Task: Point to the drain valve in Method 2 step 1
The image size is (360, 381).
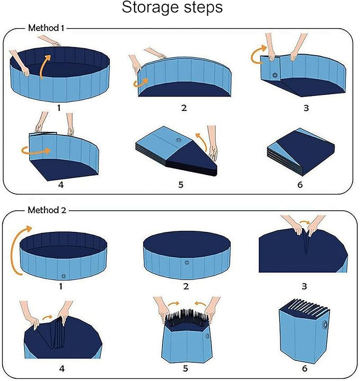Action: pyautogui.click(x=64, y=275)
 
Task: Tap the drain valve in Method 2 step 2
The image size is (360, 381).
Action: pyautogui.click(x=186, y=262)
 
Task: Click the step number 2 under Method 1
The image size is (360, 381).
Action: pyautogui.click(x=183, y=108)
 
